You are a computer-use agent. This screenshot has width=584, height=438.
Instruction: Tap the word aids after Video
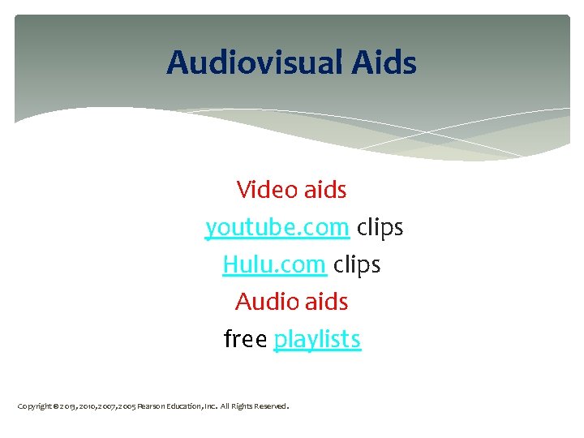coord(325,190)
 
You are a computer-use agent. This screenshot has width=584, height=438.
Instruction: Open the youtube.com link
coord(277,228)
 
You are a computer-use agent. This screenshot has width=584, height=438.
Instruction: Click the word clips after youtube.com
coord(380,228)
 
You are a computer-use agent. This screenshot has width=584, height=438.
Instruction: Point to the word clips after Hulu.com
coord(357,264)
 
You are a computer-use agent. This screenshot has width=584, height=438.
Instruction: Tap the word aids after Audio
coord(327,302)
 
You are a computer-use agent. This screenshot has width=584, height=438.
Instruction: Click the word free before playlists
coord(246,339)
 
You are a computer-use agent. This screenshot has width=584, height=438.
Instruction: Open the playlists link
coord(317,339)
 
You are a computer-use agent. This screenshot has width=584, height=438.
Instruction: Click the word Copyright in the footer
coord(35,406)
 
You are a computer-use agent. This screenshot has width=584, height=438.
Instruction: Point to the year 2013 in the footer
coord(69,406)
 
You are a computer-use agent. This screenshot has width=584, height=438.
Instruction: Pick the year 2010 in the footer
coord(89,406)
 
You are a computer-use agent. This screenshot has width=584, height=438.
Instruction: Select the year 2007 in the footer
coord(109,406)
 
